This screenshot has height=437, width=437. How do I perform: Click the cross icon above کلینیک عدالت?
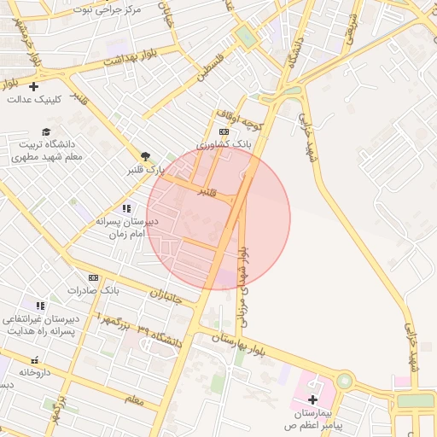(34, 86)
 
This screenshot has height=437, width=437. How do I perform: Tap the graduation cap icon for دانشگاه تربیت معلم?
(45, 131)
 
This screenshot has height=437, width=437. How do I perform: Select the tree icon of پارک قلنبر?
(145, 156)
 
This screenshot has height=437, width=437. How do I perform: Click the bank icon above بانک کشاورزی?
(224, 131)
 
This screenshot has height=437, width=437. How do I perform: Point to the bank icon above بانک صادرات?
(93, 277)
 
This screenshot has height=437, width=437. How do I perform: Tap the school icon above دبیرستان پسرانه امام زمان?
(126, 208)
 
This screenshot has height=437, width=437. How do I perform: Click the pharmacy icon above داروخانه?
(35, 360)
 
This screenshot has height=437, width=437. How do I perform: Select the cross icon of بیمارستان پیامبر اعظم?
(312, 399)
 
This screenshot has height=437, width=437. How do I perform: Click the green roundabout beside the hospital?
(345, 381)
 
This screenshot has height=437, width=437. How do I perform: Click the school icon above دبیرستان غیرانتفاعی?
(40, 306)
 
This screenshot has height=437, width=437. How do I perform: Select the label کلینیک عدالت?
(35, 99)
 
